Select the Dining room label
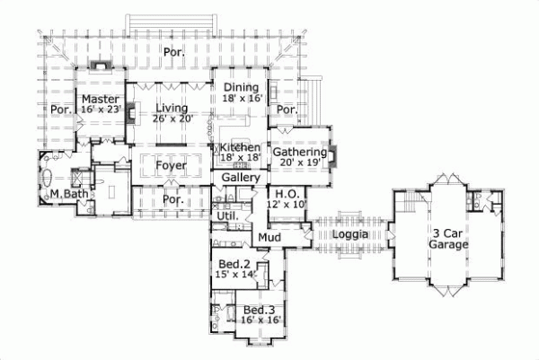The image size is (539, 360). click(x=242, y=86)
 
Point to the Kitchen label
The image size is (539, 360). click(x=240, y=146)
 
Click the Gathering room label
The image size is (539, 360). click(x=299, y=152)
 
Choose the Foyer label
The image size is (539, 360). click(x=170, y=165)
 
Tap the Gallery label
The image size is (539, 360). click(x=241, y=179)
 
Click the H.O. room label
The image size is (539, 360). click(x=287, y=194)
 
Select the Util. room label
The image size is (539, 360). click(x=225, y=215)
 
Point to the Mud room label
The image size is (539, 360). click(x=270, y=236)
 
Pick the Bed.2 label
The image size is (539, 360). click(x=234, y=265)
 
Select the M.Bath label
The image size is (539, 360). click(x=67, y=193)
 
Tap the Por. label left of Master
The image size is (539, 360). click(x=60, y=110)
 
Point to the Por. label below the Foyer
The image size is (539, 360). click(x=173, y=200)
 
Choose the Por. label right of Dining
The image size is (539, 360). click(x=287, y=110)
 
